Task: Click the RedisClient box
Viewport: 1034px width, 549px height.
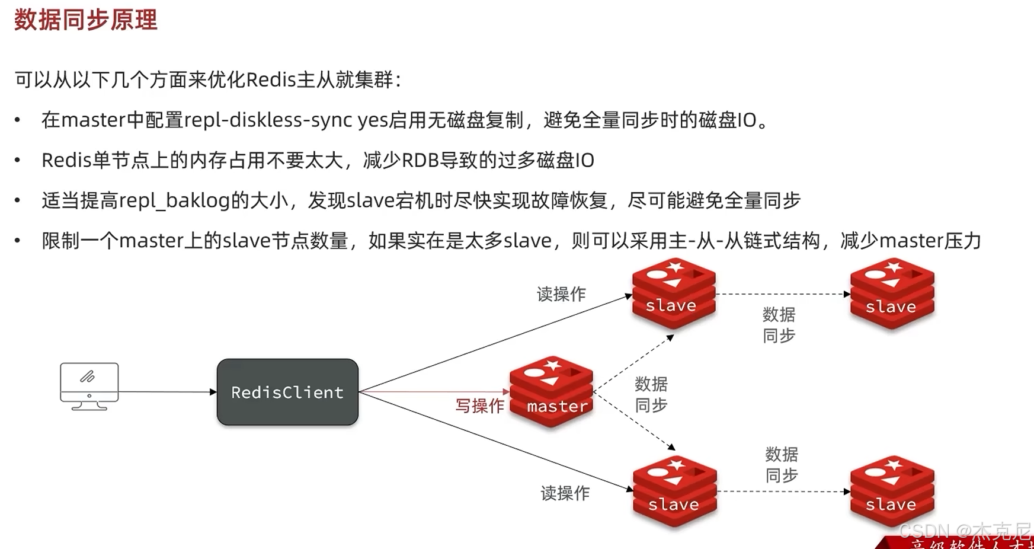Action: click(287, 392)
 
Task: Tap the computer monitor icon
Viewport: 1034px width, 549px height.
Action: click(89, 385)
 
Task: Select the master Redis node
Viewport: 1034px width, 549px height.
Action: click(552, 392)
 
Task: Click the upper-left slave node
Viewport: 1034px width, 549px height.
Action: click(674, 293)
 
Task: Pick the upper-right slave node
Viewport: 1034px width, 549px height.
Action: click(892, 293)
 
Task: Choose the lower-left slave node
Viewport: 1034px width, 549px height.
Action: click(674, 491)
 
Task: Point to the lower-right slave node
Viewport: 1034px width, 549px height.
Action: click(892, 491)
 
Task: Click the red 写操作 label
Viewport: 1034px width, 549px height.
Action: click(479, 406)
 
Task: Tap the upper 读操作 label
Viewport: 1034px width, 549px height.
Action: click(561, 294)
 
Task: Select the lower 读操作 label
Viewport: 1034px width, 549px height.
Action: click(565, 493)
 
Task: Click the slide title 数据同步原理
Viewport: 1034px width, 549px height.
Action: click(86, 20)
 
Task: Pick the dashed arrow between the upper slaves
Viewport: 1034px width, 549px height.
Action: click(782, 294)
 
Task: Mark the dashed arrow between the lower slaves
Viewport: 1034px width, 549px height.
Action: click(783, 491)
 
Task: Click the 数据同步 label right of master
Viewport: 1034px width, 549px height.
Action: click(651, 395)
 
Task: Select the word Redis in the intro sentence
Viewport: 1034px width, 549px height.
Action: click(271, 80)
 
